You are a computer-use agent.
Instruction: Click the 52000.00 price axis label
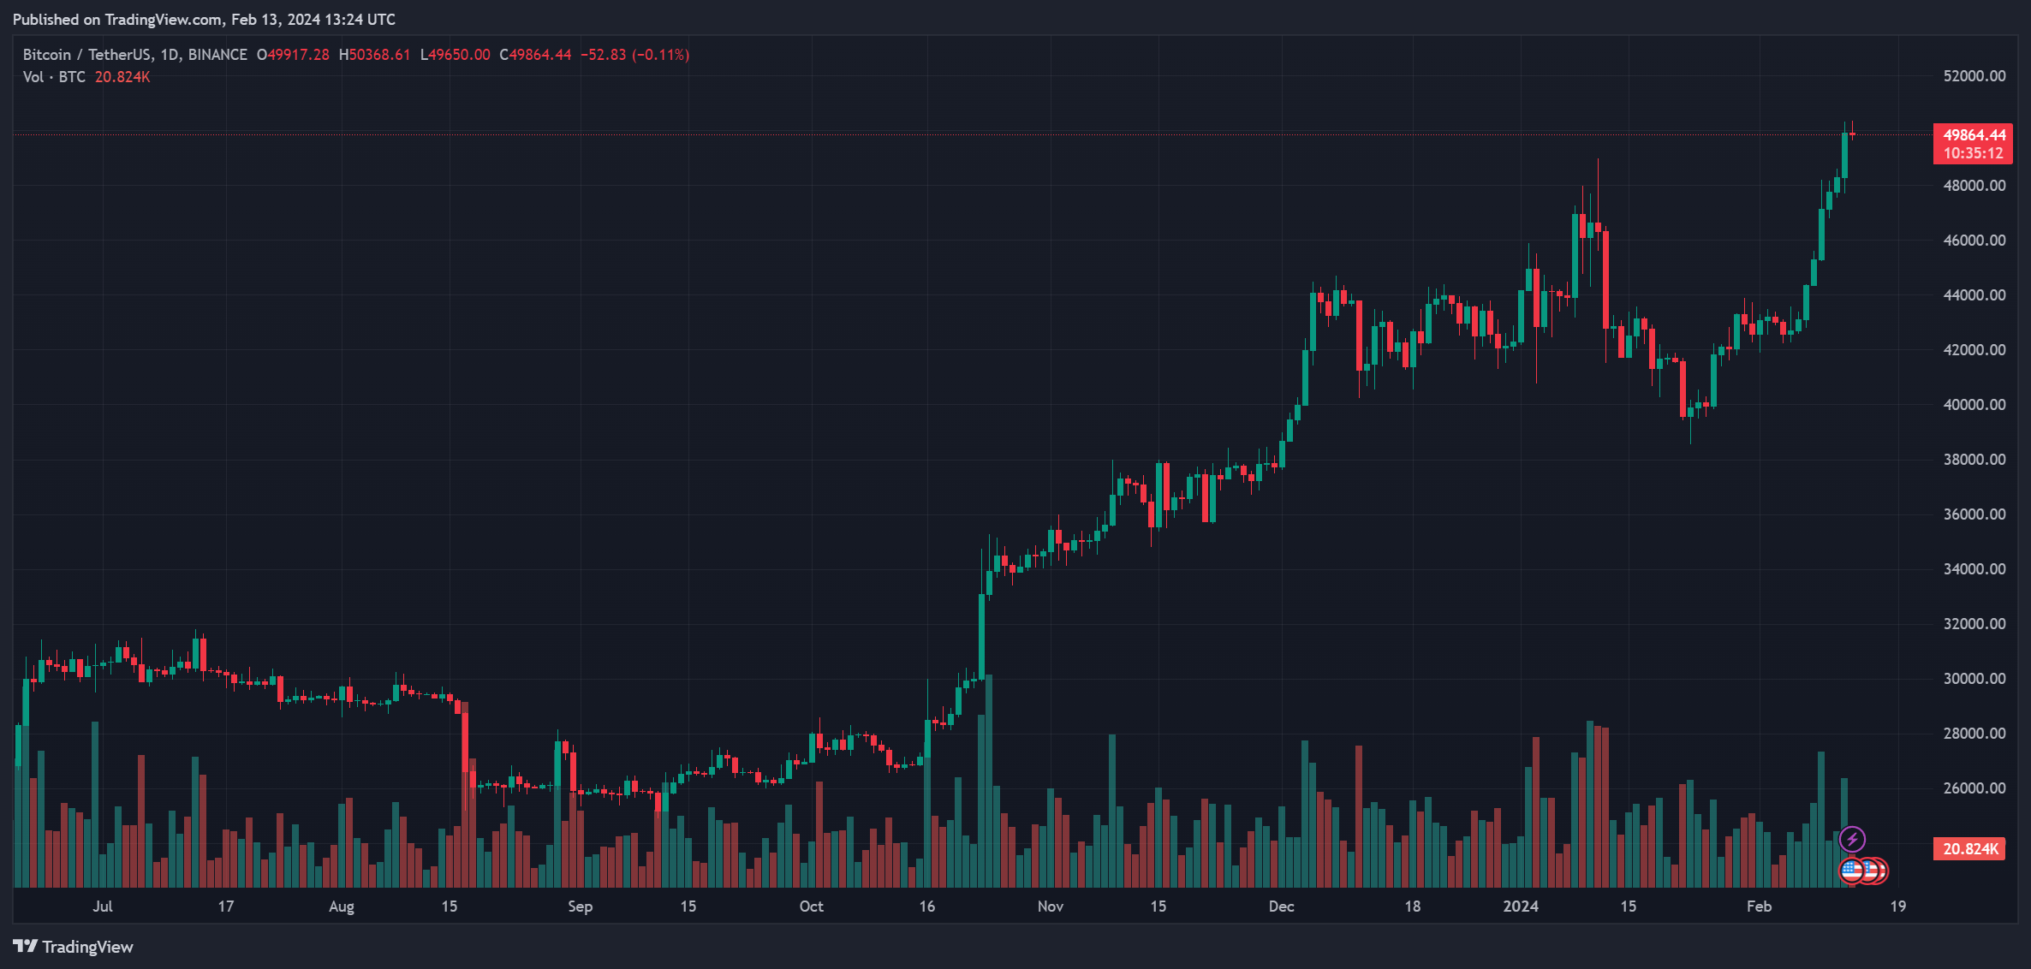[1974, 76]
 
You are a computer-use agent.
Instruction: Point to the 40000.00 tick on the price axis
[1974, 405]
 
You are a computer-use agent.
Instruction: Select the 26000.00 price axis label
[1974, 788]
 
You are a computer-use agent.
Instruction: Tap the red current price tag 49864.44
[1974, 135]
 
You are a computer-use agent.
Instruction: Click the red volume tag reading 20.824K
[1969, 849]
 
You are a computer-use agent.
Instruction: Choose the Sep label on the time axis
[580, 907]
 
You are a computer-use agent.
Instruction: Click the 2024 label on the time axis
[1521, 907]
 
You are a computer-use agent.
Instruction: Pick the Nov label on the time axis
[1050, 907]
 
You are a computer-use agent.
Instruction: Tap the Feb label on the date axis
[1759, 907]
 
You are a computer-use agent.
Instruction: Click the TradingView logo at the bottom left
[73, 947]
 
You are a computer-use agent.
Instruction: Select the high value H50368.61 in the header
[375, 55]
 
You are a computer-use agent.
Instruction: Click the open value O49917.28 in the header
[293, 55]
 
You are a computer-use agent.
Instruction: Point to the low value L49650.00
[456, 55]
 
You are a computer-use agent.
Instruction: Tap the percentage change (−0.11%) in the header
[660, 55]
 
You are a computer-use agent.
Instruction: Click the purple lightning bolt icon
[1852, 839]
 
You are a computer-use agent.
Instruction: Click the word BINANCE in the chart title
[217, 55]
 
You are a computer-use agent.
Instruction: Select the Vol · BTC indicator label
[54, 77]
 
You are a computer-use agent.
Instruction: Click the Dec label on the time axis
[1281, 907]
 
